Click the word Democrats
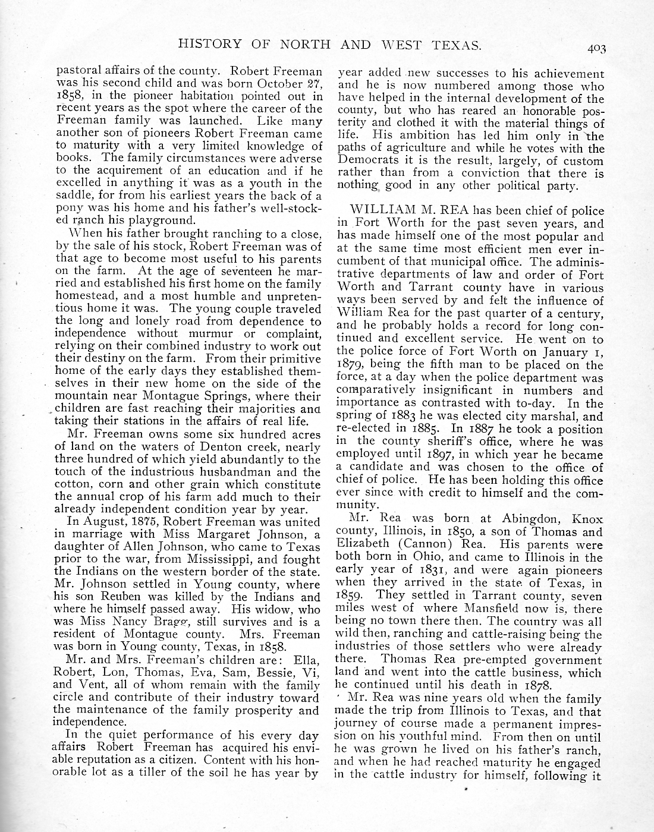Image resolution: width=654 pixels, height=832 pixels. [x=369, y=161]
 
